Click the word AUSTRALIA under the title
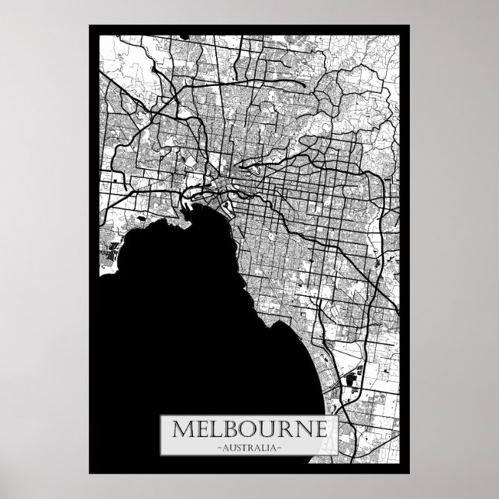(x=250, y=449)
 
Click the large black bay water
(x=178, y=310)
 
